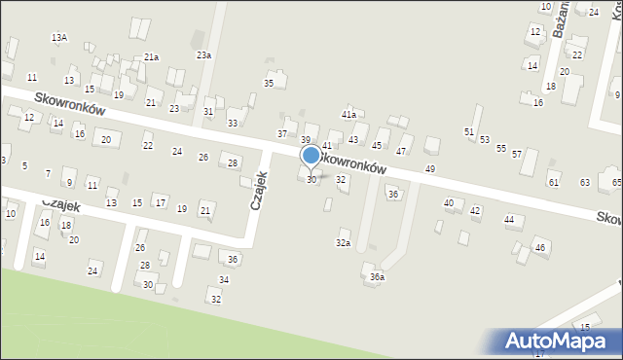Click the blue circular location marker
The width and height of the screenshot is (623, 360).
pyautogui.click(x=311, y=155)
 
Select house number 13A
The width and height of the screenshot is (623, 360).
pyautogui.click(x=59, y=38)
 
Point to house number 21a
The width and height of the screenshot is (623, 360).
pyautogui.click(x=151, y=57)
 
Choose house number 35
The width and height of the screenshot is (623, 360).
pyautogui.click(x=270, y=84)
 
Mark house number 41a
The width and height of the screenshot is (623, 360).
pyautogui.click(x=348, y=115)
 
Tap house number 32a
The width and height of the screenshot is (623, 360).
pyautogui.click(x=343, y=242)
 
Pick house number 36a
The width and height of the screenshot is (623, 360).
pyautogui.click(x=377, y=277)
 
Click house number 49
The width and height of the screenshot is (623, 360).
pyautogui.click(x=430, y=169)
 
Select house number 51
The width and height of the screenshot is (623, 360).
pyautogui.click(x=469, y=131)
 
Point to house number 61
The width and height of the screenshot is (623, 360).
pyautogui.click(x=554, y=182)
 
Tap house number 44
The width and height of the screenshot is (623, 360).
pyautogui.click(x=509, y=220)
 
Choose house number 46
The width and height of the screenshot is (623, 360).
pyautogui.click(x=539, y=248)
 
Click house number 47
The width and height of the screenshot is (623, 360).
pyautogui.click(x=400, y=152)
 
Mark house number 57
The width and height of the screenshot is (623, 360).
pyautogui.click(x=517, y=154)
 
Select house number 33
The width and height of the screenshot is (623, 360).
pyautogui.click(x=233, y=123)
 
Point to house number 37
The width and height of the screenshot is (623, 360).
pyautogui.click(x=282, y=133)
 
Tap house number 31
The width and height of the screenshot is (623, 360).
pyautogui.click(x=208, y=112)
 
